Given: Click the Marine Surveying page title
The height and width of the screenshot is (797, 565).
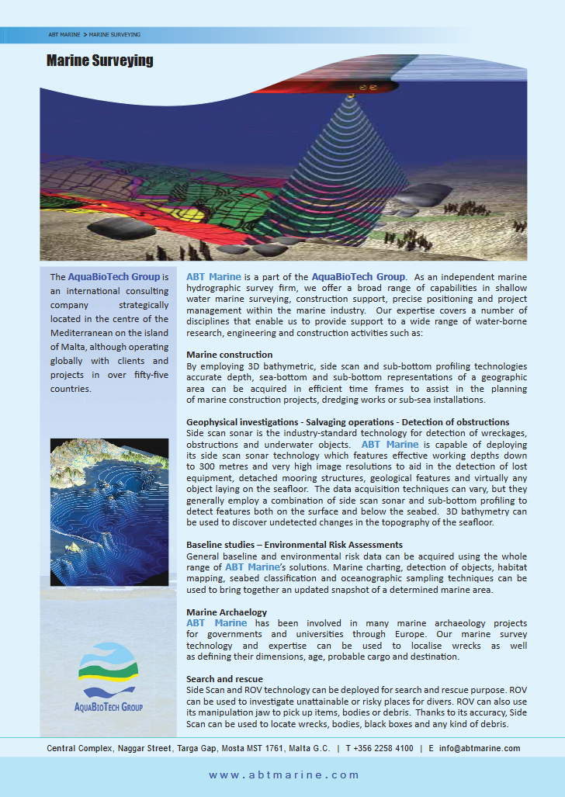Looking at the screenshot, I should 99,61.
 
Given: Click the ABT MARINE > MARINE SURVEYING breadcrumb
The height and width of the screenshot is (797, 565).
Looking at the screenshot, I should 94,35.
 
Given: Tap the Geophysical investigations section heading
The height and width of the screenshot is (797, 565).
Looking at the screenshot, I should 348,422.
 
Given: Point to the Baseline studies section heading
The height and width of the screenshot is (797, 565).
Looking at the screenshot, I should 294,545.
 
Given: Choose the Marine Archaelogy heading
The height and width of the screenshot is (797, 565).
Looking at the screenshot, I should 227,612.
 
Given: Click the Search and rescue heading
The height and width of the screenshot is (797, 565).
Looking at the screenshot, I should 224,679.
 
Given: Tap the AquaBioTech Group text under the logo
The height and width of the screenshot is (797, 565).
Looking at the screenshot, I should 108,707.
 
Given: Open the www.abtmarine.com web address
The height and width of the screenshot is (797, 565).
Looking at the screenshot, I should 284,774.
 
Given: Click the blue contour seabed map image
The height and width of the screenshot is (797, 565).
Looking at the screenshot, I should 108,512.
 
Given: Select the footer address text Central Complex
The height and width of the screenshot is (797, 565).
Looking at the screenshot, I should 78,749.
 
